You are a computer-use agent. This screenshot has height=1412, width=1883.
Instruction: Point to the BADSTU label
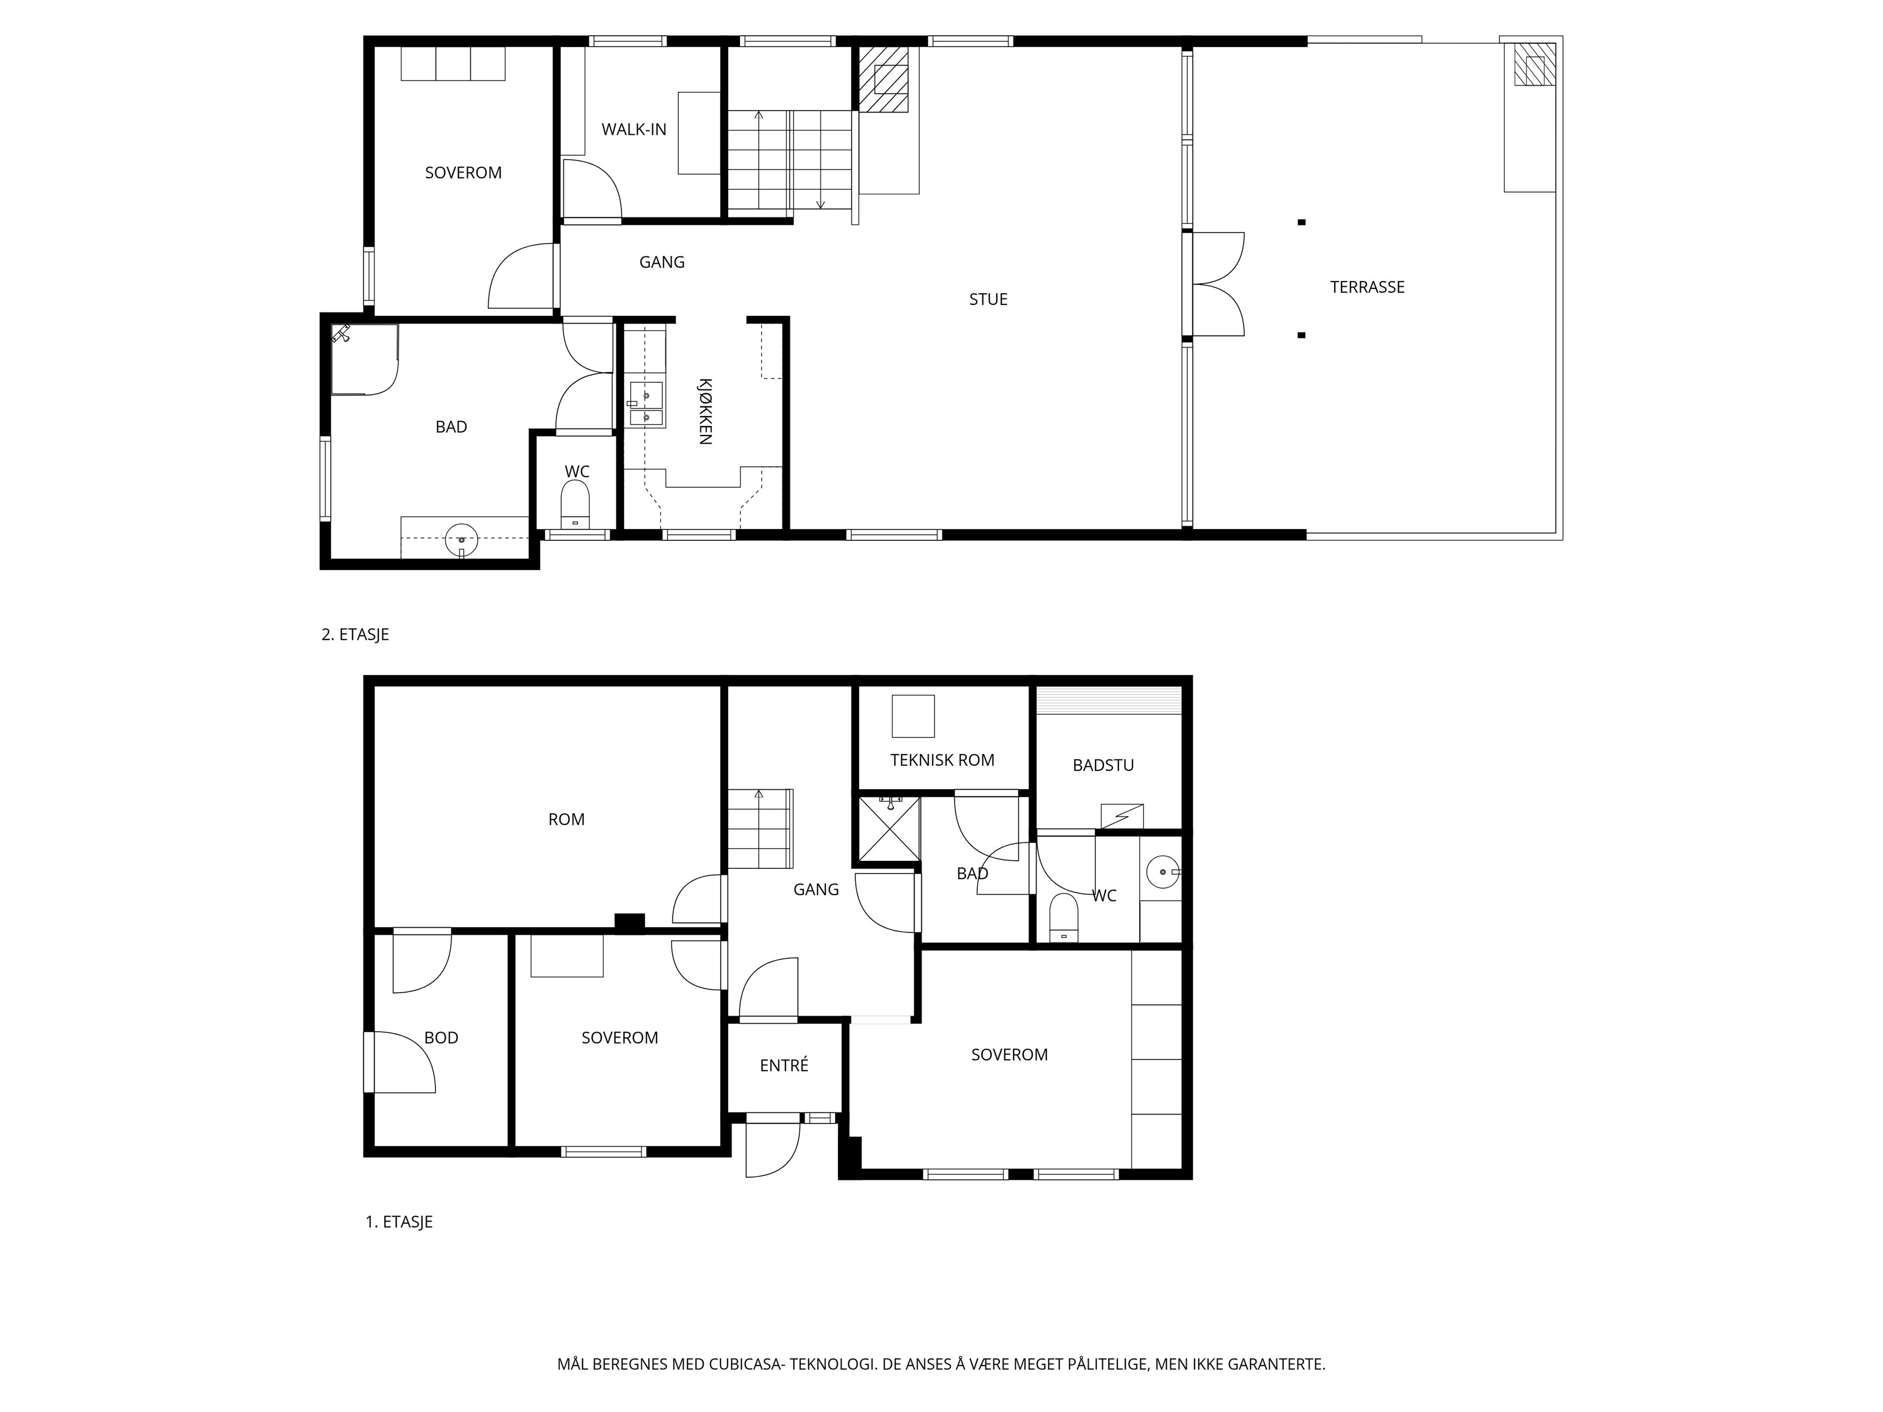pos(1103,766)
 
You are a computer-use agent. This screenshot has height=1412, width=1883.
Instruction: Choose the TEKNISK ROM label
pos(942,760)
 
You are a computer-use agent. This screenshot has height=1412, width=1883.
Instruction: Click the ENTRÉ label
pos(784,1065)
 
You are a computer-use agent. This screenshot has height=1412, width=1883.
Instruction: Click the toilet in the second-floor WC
pos(576,504)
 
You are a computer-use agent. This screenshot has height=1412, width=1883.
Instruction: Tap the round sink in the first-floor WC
pos(1162,872)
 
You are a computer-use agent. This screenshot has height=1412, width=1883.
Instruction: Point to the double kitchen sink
pos(646,405)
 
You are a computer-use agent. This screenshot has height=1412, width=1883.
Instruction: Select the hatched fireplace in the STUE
pos(883,78)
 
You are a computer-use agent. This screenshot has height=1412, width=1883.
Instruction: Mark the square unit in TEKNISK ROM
pos(913,716)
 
